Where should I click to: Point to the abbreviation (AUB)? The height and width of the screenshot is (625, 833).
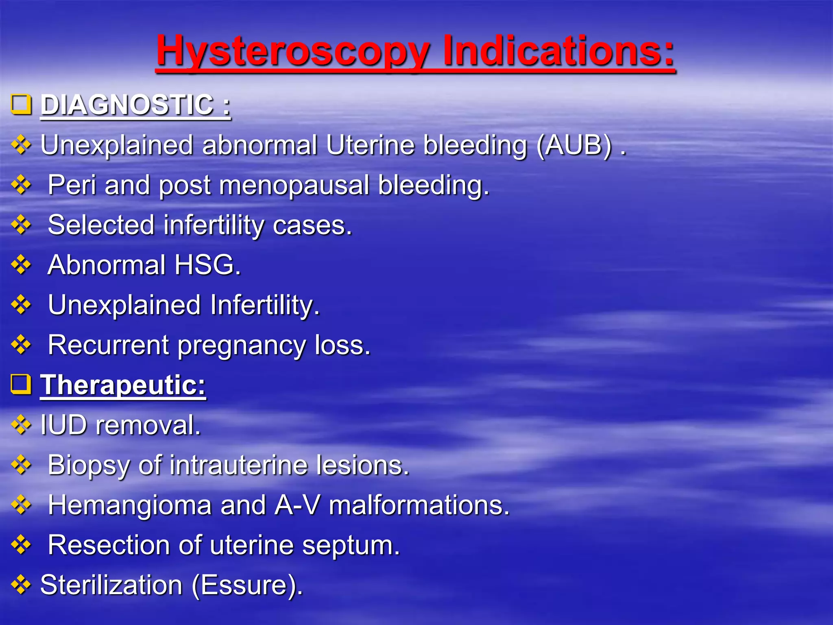coord(574,145)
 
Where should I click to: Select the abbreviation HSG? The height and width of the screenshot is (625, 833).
coord(207,265)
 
